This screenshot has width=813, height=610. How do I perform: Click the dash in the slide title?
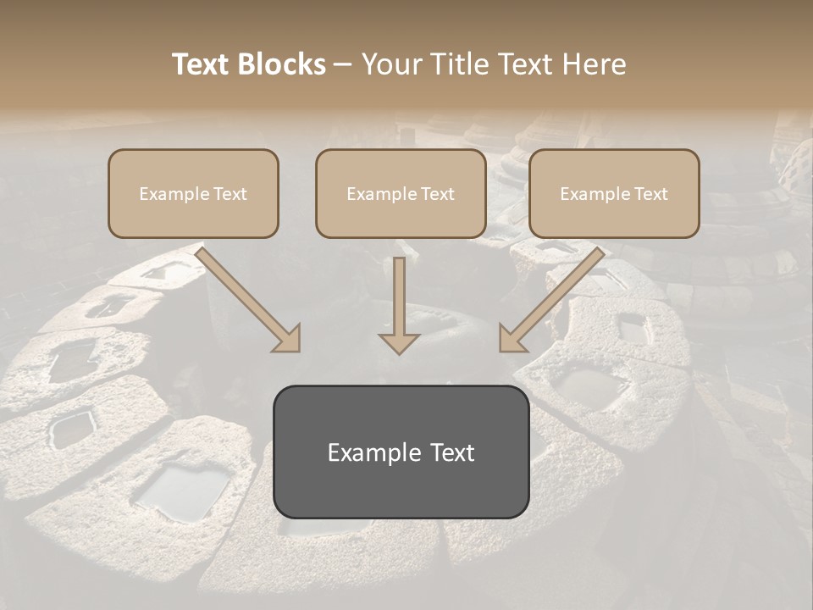pyautogui.click(x=343, y=65)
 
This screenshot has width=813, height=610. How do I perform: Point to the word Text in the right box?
pyautogui.click(x=651, y=194)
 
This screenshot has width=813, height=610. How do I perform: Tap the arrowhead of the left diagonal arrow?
pyautogui.click(x=288, y=339)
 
